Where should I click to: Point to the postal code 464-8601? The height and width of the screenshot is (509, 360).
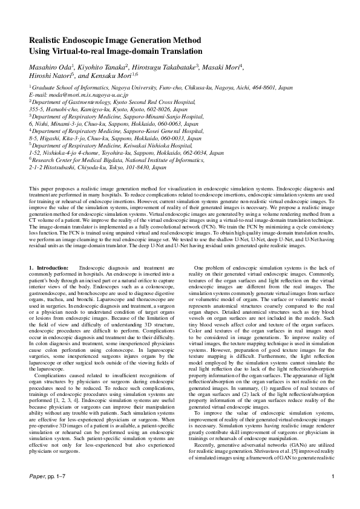[263, 88]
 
